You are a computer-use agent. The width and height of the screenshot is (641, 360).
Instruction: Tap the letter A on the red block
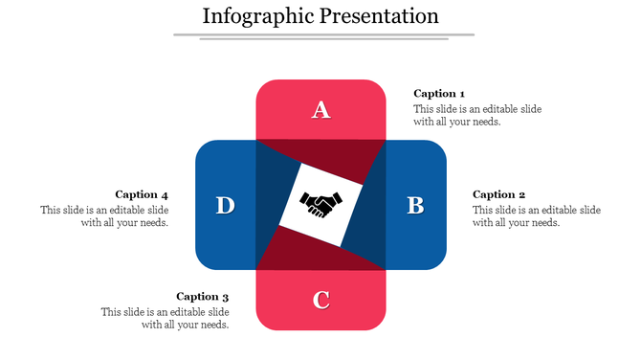point(321,110)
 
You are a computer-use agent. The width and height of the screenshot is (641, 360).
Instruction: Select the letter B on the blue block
point(415,205)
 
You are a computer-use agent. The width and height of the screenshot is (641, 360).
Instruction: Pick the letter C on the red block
point(321,300)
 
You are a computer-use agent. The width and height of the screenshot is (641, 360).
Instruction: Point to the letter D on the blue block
point(226,205)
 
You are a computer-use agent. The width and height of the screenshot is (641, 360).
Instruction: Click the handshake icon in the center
point(321,204)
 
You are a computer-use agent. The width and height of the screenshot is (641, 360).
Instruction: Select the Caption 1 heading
point(439,94)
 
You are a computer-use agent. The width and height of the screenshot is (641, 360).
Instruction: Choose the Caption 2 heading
point(499,194)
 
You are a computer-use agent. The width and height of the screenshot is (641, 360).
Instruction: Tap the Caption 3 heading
point(203,297)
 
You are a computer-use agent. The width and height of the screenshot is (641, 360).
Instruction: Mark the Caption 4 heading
point(142,194)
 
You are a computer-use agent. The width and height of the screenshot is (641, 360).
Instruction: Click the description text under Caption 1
point(477,116)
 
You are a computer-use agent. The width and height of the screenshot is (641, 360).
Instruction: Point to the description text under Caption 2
point(537,216)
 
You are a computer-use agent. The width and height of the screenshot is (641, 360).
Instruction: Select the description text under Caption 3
point(166,319)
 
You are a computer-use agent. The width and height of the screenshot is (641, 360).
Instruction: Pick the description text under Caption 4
point(105,216)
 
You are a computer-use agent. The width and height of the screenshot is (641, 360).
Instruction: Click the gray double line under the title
point(323,36)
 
